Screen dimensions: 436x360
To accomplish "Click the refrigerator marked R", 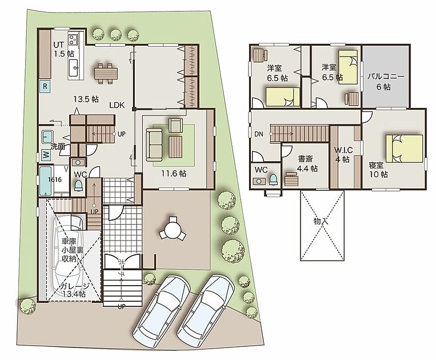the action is (x=45, y=86).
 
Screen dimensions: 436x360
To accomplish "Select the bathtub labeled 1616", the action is (x=46, y=181).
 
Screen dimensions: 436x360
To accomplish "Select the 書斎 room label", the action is (x=305, y=159).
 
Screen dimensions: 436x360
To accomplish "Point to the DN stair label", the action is (x=259, y=134).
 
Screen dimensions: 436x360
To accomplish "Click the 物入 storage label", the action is (x=321, y=222).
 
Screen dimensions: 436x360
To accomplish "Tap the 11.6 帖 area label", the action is (x=174, y=174).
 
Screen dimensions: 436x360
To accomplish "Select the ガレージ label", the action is (x=75, y=286).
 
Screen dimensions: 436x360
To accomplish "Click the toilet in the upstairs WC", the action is (x=274, y=179).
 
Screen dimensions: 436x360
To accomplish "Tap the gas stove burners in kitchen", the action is (x=73, y=39).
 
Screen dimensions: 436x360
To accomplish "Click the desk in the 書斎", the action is (x=291, y=179).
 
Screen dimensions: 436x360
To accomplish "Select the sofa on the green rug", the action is (x=154, y=145).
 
